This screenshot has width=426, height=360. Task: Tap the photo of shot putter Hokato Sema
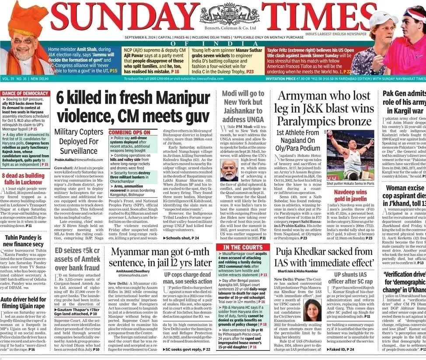[x=350, y=155]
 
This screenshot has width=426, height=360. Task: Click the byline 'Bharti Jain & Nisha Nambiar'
[x=298, y=271]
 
